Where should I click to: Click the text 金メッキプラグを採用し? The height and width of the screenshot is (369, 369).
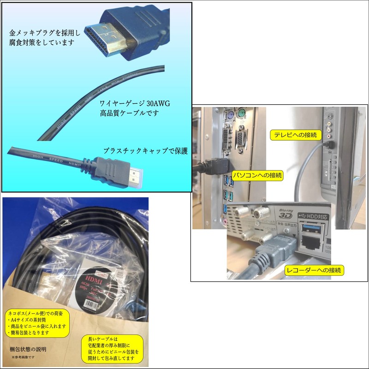45,33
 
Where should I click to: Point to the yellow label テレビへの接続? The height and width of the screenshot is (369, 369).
295,135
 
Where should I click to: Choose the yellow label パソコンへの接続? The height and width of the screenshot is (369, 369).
257,175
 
